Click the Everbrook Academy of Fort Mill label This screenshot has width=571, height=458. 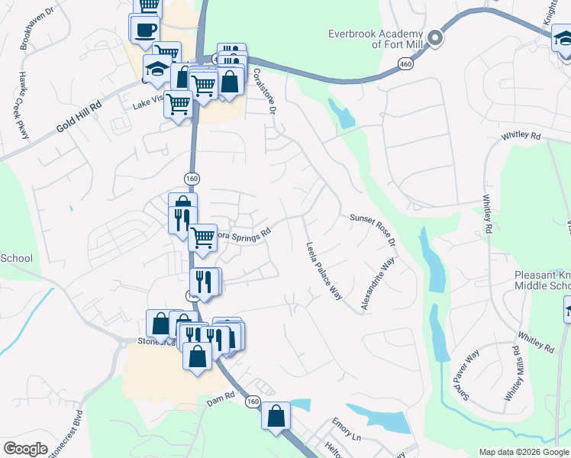(x=376, y=39)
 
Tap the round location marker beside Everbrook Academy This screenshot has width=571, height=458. (x=435, y=37)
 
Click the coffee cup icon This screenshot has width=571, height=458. (x=145, y=31)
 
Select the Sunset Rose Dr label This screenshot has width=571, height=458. (x=372, y=229)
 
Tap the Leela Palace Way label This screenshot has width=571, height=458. (x=324, y=272)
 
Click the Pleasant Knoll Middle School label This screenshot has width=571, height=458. (x=532, y=279)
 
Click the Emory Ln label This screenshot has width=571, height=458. (x=346, y=430)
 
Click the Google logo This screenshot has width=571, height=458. (x=25, y=449)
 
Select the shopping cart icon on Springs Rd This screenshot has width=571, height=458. (x=202, y=237)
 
